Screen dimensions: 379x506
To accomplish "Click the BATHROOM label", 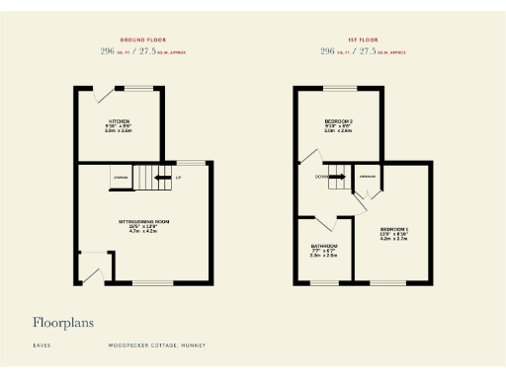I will (324, 245).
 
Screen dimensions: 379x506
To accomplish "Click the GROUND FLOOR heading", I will (143, 39).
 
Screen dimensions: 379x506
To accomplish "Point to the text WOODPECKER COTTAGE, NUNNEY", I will (150, 346).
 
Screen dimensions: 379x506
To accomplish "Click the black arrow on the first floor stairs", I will (336, 178).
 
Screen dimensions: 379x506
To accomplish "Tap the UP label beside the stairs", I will (178, 178).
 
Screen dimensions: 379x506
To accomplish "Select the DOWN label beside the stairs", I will (321, 178).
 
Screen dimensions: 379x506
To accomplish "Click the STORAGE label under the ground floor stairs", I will (121, 178).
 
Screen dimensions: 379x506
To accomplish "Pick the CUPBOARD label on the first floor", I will (368, 178).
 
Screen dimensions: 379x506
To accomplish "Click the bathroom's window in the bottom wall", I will (324, 285).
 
